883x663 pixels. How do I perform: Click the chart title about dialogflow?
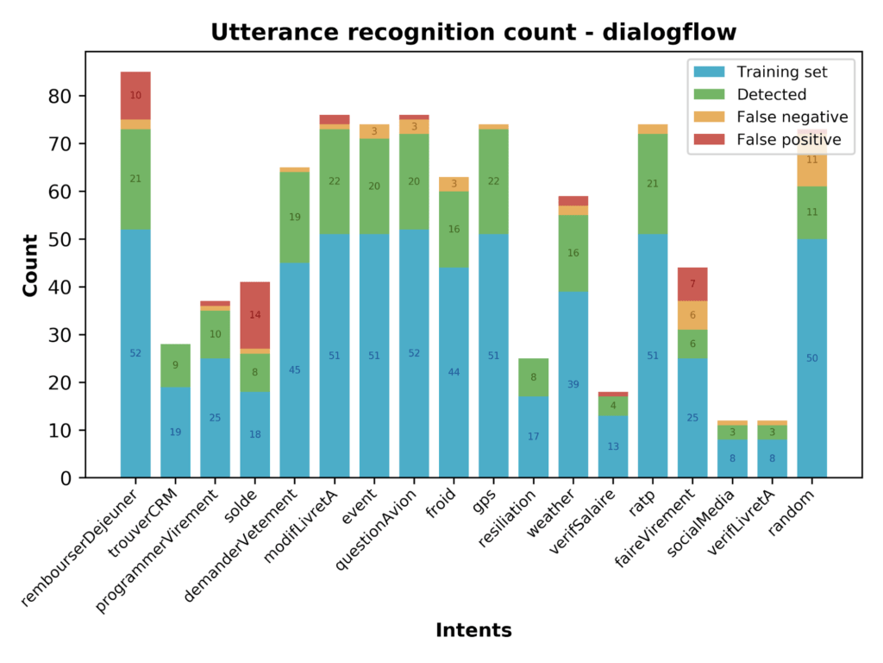pos(473,33)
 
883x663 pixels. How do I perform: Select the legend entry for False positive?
pos(788,140)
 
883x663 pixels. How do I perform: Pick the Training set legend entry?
pos(781,72)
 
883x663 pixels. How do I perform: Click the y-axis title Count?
pos(31,265)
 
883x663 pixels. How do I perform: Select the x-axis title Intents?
pos(473,630)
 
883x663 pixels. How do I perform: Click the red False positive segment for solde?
pos(255,315)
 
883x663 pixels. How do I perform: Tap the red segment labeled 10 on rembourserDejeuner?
pos(135,95)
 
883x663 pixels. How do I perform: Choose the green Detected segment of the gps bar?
pos(494,181)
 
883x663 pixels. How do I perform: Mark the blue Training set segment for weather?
pos(573,384)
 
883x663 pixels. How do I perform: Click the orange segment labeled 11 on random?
pos(811,161)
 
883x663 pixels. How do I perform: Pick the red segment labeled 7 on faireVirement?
pos(692,284)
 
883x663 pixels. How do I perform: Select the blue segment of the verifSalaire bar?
pos(613,446)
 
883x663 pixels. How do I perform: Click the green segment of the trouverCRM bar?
pos(175,365)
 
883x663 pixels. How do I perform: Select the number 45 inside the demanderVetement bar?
pos(295,370)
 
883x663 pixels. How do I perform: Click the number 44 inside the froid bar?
pos(454,372)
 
